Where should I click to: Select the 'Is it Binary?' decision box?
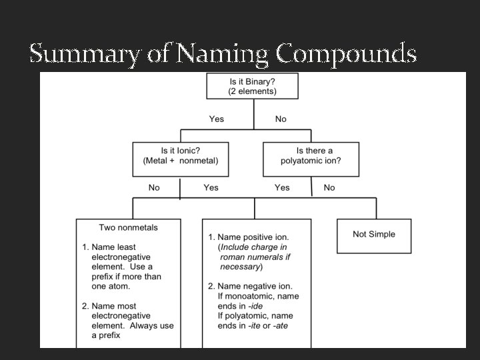click(253, 86)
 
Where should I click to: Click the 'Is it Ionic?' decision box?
click(180, 155)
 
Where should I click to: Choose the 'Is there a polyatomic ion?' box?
click(311, 155)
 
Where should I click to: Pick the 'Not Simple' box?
click(373, 235)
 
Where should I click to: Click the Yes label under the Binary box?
click(217, 119)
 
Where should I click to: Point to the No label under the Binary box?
click(281, 119)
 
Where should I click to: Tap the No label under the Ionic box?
click(154, 187)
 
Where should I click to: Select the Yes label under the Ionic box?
click(211, 187)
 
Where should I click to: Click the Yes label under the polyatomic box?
click(282, 187)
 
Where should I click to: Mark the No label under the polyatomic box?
click(329, 187)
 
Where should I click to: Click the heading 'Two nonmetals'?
click(129, 227)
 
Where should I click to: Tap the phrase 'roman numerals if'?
click(255, 257)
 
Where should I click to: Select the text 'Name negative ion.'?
click(255, 286)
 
